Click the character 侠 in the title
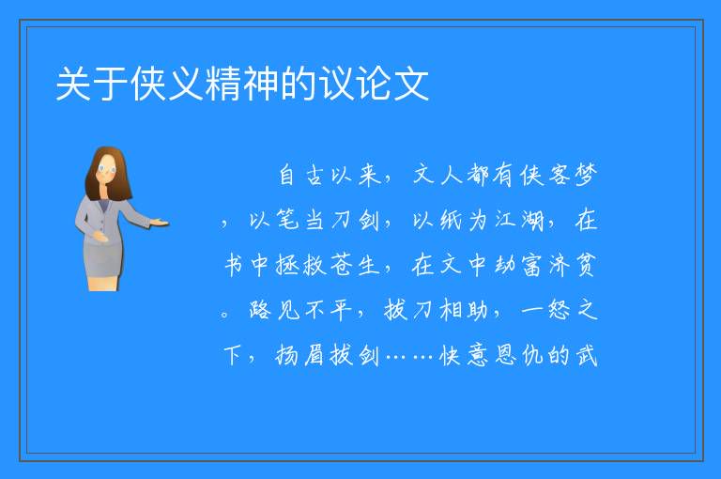[x=148, y=84]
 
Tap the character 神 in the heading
[x=261, y=84]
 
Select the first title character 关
[x=73, y=84]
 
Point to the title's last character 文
[x=411, y=84]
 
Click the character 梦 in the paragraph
[x=586, y=175]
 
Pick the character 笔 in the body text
[x=288, y=220]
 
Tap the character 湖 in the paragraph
[x=532, y=220]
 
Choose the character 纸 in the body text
[x=451, y=220]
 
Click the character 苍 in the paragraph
[x=342, y=265]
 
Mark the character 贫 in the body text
[x=586, y=265]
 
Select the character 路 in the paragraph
[x=260, y=310]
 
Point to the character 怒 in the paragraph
[x=560, y=310]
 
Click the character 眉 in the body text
[x=315, y=355]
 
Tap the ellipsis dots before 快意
[x=410, y=356]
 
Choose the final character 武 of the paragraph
[x=586, y=355]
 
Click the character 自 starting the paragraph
[x=287, y=175]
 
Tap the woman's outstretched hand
[x=159, y=224]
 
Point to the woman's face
[x=106, y=169]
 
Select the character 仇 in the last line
[x=532, y=355]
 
